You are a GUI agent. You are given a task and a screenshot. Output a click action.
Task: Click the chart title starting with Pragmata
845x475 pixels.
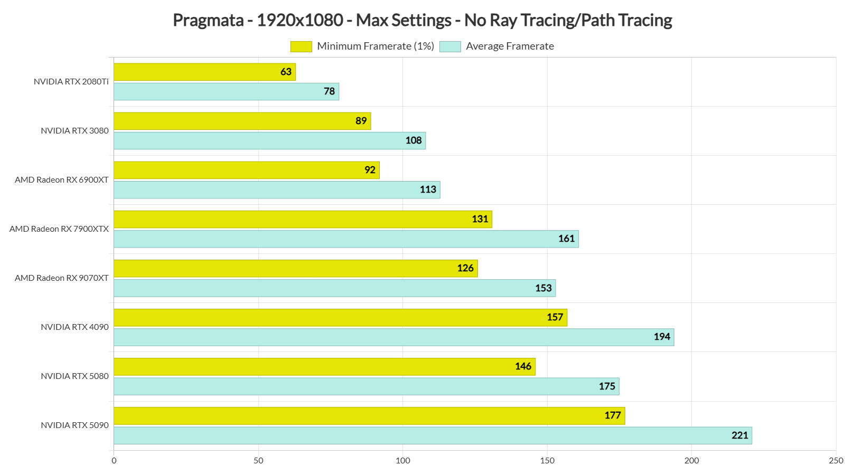(422, 20)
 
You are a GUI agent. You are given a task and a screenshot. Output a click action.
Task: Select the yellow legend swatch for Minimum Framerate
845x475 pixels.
(301, 46)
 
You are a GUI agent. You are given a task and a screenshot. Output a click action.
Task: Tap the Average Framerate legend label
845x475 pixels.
(510, 46)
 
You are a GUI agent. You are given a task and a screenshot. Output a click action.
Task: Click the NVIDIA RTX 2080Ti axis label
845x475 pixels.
(71, 82)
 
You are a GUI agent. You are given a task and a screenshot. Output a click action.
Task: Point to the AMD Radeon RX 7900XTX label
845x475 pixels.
(59, 229)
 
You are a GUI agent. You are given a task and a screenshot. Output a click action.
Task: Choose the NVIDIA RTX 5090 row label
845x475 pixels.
(74, 425)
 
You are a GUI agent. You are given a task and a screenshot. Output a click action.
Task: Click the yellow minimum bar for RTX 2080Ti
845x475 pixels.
(204, 72)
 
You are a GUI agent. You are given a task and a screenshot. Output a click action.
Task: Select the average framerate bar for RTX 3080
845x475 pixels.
(269, 141)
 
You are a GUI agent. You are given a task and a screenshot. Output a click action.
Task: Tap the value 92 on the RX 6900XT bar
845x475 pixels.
(370, 170)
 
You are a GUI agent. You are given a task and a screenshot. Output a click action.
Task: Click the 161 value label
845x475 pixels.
(566, 239)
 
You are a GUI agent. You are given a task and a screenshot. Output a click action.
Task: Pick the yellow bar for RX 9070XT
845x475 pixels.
(295, 268)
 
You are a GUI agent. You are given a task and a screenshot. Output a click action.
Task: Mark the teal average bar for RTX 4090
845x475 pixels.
(393, 337)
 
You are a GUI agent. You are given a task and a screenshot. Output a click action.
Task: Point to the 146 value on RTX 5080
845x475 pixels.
(523, 366)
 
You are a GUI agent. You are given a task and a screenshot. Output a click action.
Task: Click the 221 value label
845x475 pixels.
(739, 435)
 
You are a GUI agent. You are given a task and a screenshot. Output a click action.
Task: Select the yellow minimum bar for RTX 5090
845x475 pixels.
(369, 416)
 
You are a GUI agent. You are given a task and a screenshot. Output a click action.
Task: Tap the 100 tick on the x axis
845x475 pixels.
(403, 461)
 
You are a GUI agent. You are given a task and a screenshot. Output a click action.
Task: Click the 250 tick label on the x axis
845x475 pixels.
(836, 461)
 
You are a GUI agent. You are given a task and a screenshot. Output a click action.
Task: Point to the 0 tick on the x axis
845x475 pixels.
(114, 461)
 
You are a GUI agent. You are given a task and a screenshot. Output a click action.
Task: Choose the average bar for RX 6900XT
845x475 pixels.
(277, 190)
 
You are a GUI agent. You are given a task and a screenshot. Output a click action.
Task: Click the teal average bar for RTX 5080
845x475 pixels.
(366, 386)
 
